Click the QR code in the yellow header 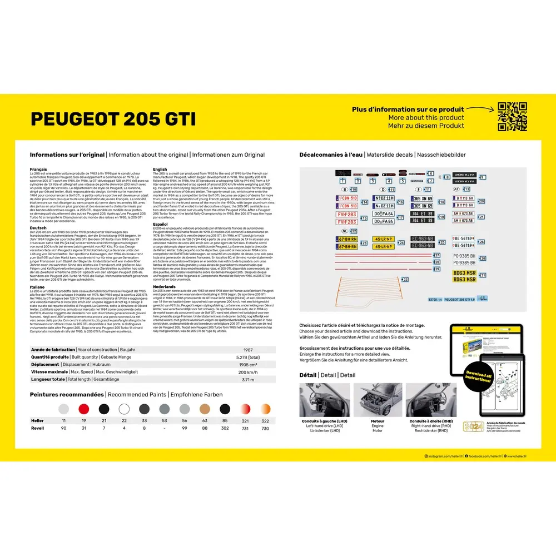pos(512,117)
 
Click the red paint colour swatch pos(84,409)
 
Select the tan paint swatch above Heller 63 pos(205,409)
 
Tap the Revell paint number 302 pos(225,428)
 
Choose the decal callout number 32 pos(405,279)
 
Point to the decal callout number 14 pos(365,202)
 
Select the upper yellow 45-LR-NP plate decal pos(383,239)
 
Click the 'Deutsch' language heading pos(38,227)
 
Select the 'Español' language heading pos(160,224)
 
